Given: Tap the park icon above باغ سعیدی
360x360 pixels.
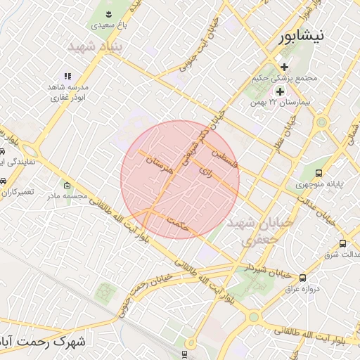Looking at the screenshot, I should point(109,14).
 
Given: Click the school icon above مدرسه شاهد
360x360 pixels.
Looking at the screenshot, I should point(67,76).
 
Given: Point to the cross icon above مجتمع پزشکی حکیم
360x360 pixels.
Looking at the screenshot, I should point(284,67).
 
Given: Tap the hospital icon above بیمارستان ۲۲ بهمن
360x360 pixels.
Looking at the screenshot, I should point(281,91).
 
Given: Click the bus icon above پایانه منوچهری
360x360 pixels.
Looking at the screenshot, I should point(319,173).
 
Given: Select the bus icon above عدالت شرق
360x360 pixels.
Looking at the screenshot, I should point(342,243).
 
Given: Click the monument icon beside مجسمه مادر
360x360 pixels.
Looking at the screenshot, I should point(67,186).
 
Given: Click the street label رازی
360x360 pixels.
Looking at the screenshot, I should point(205,171).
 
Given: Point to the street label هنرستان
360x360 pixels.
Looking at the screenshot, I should point(158,168).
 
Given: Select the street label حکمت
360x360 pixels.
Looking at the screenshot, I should point(180,225).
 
